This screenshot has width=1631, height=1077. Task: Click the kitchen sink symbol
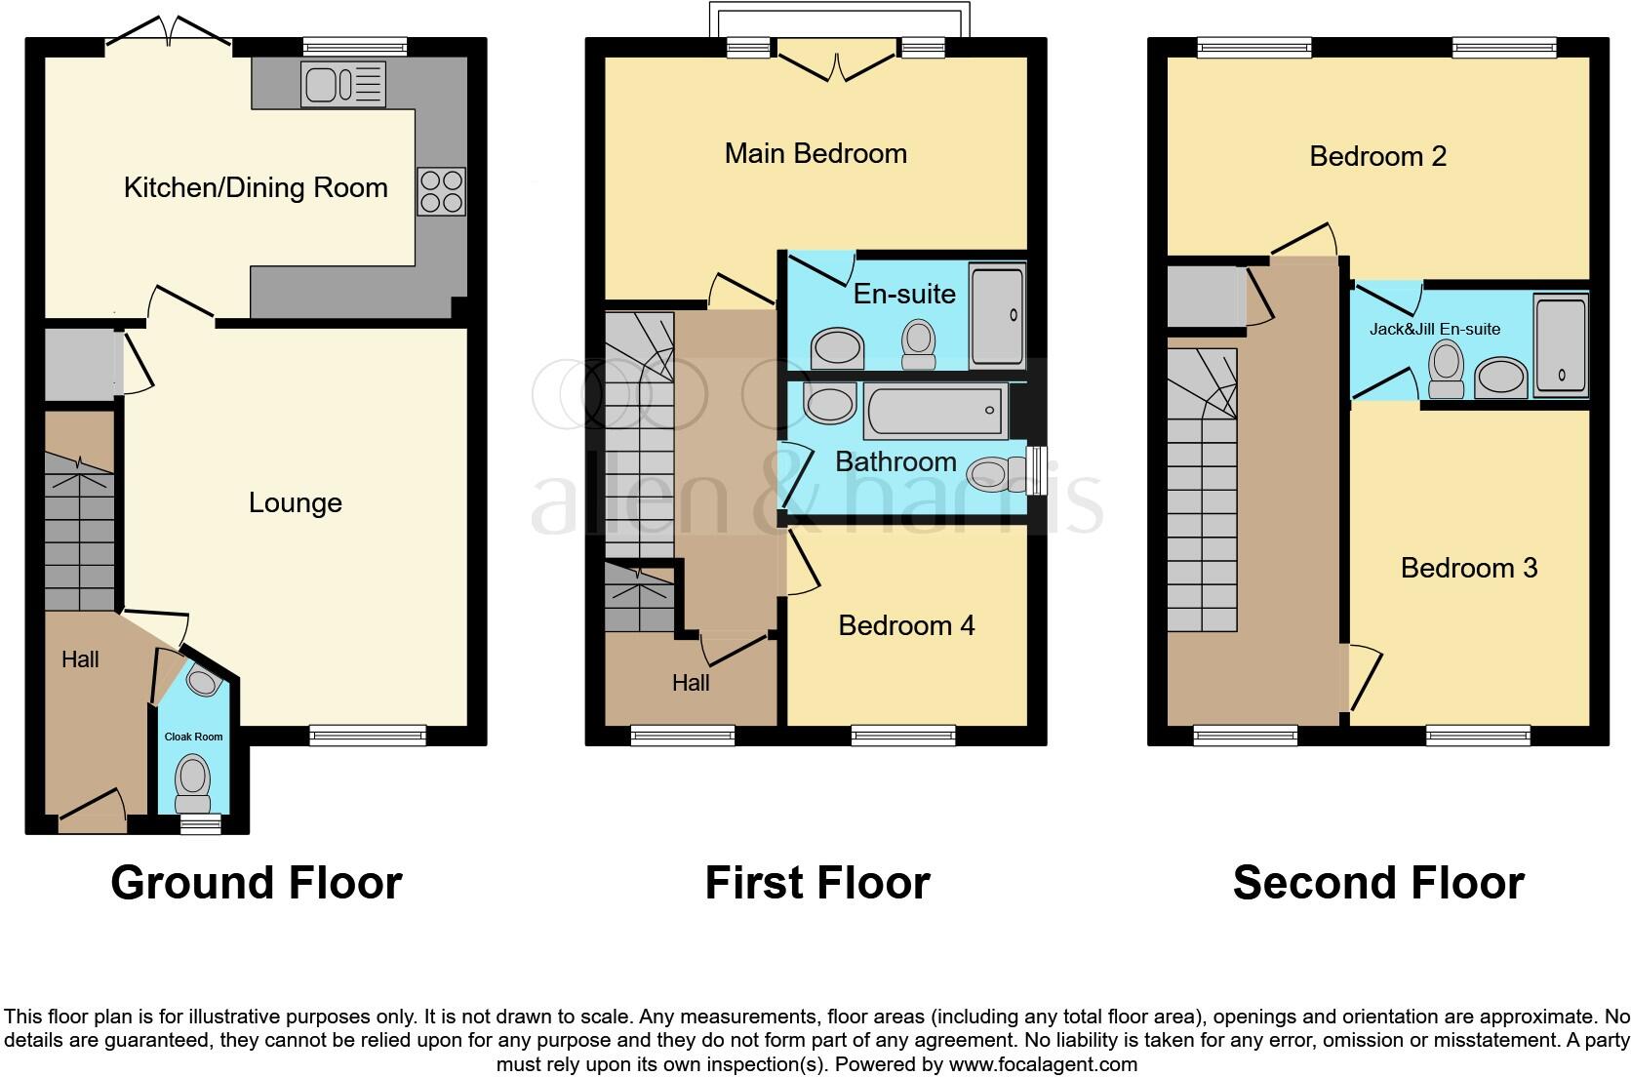(x=343, y=85)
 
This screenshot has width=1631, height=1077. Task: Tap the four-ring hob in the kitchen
(x=441, y=191)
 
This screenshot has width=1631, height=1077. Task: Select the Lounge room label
(x=295, y=502)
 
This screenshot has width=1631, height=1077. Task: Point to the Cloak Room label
(x=193, y=737)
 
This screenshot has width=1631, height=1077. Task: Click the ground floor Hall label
(x=80, y=659)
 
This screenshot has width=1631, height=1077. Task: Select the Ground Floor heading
(x=256, y=882)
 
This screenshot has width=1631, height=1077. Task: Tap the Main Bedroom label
(x=815, y=153)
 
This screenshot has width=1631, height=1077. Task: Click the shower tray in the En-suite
(x=997, y=316)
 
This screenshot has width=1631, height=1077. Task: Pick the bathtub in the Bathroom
(x=935, y=412)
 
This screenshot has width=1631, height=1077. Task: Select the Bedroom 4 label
(x=906, y=625)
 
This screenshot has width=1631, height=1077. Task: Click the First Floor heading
(x=817, y=882)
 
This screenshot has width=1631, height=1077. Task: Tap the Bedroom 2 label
(x=1377, y=156)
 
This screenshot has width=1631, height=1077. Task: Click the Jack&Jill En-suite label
(x=1434, y=329)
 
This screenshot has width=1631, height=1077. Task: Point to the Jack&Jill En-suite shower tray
(x=1561, y=346)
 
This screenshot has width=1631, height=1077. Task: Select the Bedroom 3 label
(x=1468, y=568)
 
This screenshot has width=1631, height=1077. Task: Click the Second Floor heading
(x=1377, y=882)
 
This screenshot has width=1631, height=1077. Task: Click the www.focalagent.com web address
(x=1043, y=1064)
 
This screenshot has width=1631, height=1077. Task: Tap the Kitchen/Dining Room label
(x=256, y=187)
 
